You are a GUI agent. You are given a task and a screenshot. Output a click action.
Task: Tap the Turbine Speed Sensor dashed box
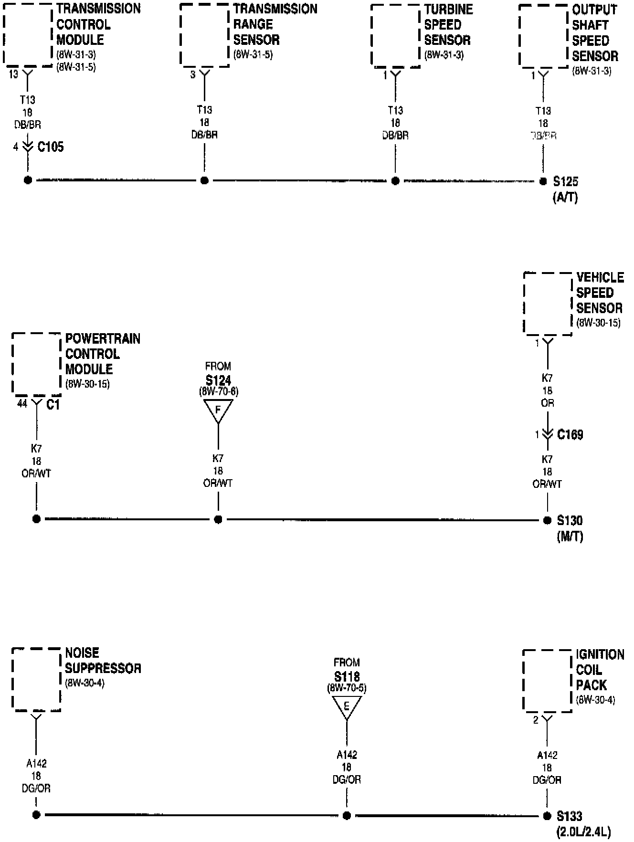(x=395, y=36)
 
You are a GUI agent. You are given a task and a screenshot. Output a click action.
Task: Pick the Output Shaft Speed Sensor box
(x=543, y=36)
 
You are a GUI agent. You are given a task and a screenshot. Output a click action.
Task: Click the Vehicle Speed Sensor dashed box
(x=548, y=304)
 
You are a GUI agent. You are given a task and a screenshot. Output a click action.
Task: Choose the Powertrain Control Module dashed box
(x=36, y=364)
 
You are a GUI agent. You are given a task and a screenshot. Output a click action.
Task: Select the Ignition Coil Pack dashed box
(x=547, y=681)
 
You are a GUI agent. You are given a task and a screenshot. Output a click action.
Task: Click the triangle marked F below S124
(x=218, y=410)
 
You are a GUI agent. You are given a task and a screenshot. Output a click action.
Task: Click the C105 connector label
(x=51, y=147)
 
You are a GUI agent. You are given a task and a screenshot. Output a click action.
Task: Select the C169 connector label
(x=570, y=435)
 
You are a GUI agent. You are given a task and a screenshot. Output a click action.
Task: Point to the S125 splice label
(x=566, y=182)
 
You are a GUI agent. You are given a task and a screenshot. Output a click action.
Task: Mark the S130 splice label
(x=570, y=520)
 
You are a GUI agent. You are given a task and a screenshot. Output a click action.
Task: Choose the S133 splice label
(x=570, y=816)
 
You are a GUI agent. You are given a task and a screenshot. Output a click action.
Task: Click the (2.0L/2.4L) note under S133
(x=583, y=832)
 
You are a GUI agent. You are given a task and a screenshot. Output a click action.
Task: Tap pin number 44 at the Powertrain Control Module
(x=22, y=404)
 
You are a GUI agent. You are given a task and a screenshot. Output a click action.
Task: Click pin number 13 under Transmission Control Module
(x=13, y=74)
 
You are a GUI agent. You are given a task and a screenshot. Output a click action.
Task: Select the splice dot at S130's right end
(x=548, y=520)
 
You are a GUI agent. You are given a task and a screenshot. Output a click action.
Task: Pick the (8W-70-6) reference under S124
(x=219, y=392)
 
